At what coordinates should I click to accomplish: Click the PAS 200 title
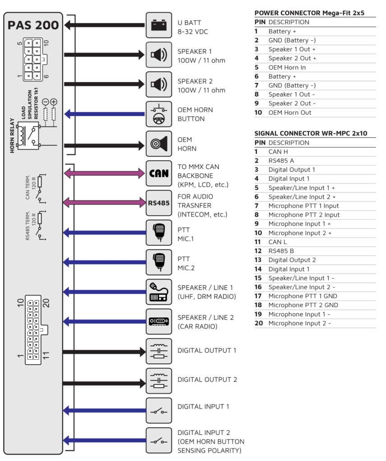[x=33, y=25]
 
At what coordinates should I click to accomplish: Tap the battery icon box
[x=159, y=25]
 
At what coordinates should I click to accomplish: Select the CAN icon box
[x=159, y=173]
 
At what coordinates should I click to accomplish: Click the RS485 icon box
[x=159, y=203]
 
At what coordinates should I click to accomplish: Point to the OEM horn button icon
[x=159, y=114]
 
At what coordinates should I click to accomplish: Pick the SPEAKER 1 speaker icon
[x=159, y=55]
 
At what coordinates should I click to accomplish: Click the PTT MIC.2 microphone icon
[x=159, y=262]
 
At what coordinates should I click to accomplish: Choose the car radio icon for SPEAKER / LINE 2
[x=159, y=321]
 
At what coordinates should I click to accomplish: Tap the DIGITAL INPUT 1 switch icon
[x=159, y=410]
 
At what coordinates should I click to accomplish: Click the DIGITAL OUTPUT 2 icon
[x=159, y=380]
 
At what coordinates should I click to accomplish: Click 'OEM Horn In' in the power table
[x=287, y=68]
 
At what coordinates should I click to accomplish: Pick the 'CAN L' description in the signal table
[x=278, y=242]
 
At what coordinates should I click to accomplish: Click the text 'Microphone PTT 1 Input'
[x=303, y=206]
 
